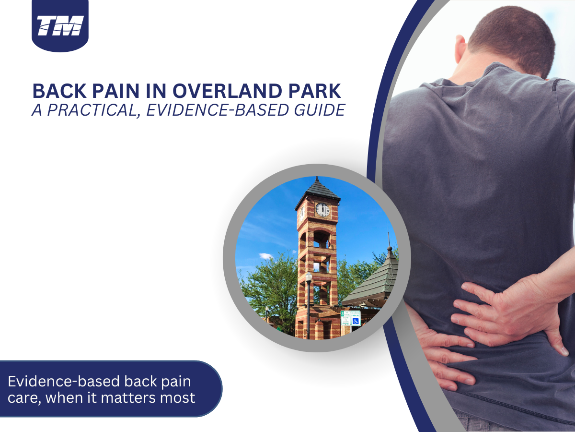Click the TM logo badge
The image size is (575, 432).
pos(60,25)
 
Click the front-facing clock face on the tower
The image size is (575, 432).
pos(322,210)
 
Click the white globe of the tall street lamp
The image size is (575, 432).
pos(309,277)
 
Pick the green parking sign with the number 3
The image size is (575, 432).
pos(345,318)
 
